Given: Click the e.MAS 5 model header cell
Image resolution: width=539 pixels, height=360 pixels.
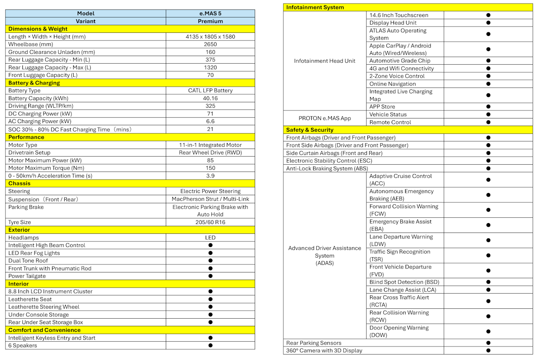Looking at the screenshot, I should [210, 13].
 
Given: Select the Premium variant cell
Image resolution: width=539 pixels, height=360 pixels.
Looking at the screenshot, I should [210, 21].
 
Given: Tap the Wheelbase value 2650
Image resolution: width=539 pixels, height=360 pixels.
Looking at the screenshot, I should [210, 44].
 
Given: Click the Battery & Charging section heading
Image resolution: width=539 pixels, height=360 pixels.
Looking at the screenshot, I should [34, 83].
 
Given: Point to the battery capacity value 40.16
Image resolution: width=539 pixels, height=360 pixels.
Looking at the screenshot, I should [210, 98].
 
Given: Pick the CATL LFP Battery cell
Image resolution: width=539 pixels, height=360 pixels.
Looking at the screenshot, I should [210, 91].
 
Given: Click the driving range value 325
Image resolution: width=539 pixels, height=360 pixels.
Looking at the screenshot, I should [210, 106].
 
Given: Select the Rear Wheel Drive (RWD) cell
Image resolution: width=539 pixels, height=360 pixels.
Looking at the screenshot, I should [210, 153].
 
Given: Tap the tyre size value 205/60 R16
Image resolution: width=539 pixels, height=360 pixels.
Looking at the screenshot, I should [210, 222].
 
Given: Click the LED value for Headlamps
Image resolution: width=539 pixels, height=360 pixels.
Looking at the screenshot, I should [210, 238].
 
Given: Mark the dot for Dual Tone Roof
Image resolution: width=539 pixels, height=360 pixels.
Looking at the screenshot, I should [210, 261].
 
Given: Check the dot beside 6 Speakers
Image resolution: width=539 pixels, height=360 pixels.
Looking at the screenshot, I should [210, 346].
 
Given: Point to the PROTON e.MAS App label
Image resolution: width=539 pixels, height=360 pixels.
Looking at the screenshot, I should [325, 119].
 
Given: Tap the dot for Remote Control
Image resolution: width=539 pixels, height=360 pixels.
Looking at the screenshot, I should [488, 122].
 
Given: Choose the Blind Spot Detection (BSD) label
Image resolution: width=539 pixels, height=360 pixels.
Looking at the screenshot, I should [404, 282].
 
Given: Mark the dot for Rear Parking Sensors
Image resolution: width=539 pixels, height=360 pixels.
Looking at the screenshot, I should [488, 343].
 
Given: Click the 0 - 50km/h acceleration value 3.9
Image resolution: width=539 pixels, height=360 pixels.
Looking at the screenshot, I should [210, 176].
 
